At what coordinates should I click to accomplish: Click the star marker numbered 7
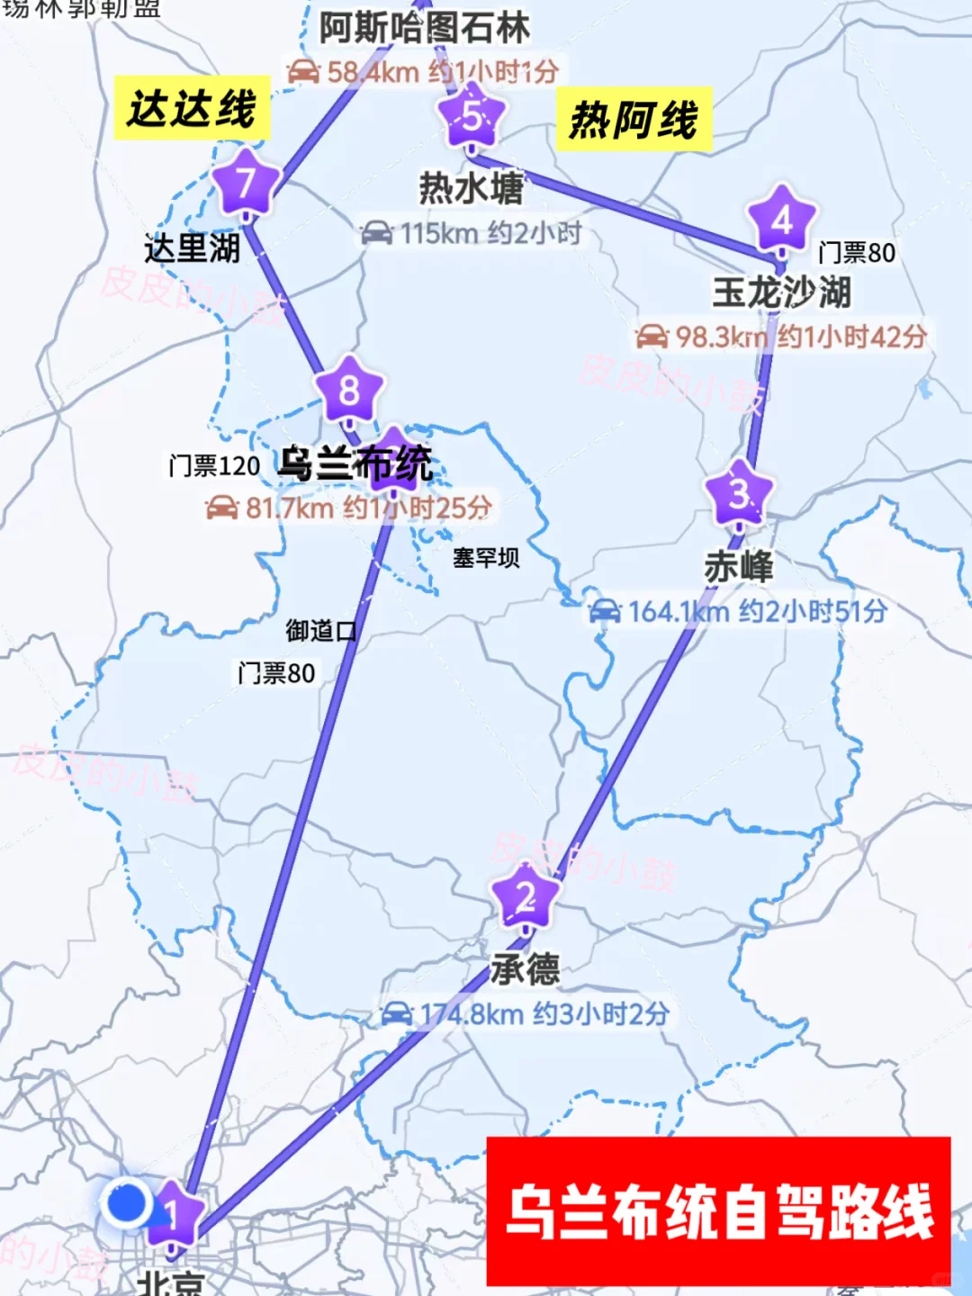(x=245, y=183)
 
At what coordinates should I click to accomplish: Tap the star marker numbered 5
(x=472, y=116)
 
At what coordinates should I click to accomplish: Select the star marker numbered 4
(x=781, y=220)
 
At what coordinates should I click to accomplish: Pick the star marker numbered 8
(x=349, y=390)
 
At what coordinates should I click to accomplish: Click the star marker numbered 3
(x=739, y=493)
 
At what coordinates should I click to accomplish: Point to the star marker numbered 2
(x=526, y=896)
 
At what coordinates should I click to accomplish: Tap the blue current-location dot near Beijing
(x=127, y=1202)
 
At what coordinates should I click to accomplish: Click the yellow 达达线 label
(x=192, y=109)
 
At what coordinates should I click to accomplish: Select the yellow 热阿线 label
(x=634, y=120)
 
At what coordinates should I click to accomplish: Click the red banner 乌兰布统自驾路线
(x=718, y=1211)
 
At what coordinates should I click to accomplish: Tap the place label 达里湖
(x=192, y=248)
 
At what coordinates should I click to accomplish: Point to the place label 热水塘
(x=471, y=188)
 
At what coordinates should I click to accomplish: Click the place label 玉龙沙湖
(x=781, y=292)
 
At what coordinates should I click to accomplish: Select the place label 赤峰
(x=738, y=566)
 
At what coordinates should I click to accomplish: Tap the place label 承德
(x=526, y=969)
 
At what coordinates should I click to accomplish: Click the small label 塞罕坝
(x=485, y=558)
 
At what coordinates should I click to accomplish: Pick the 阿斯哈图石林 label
(x=424, y=28)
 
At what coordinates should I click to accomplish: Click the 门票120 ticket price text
(x=214, y=465)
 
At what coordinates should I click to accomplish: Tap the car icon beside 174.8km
(x=397, y=1014)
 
